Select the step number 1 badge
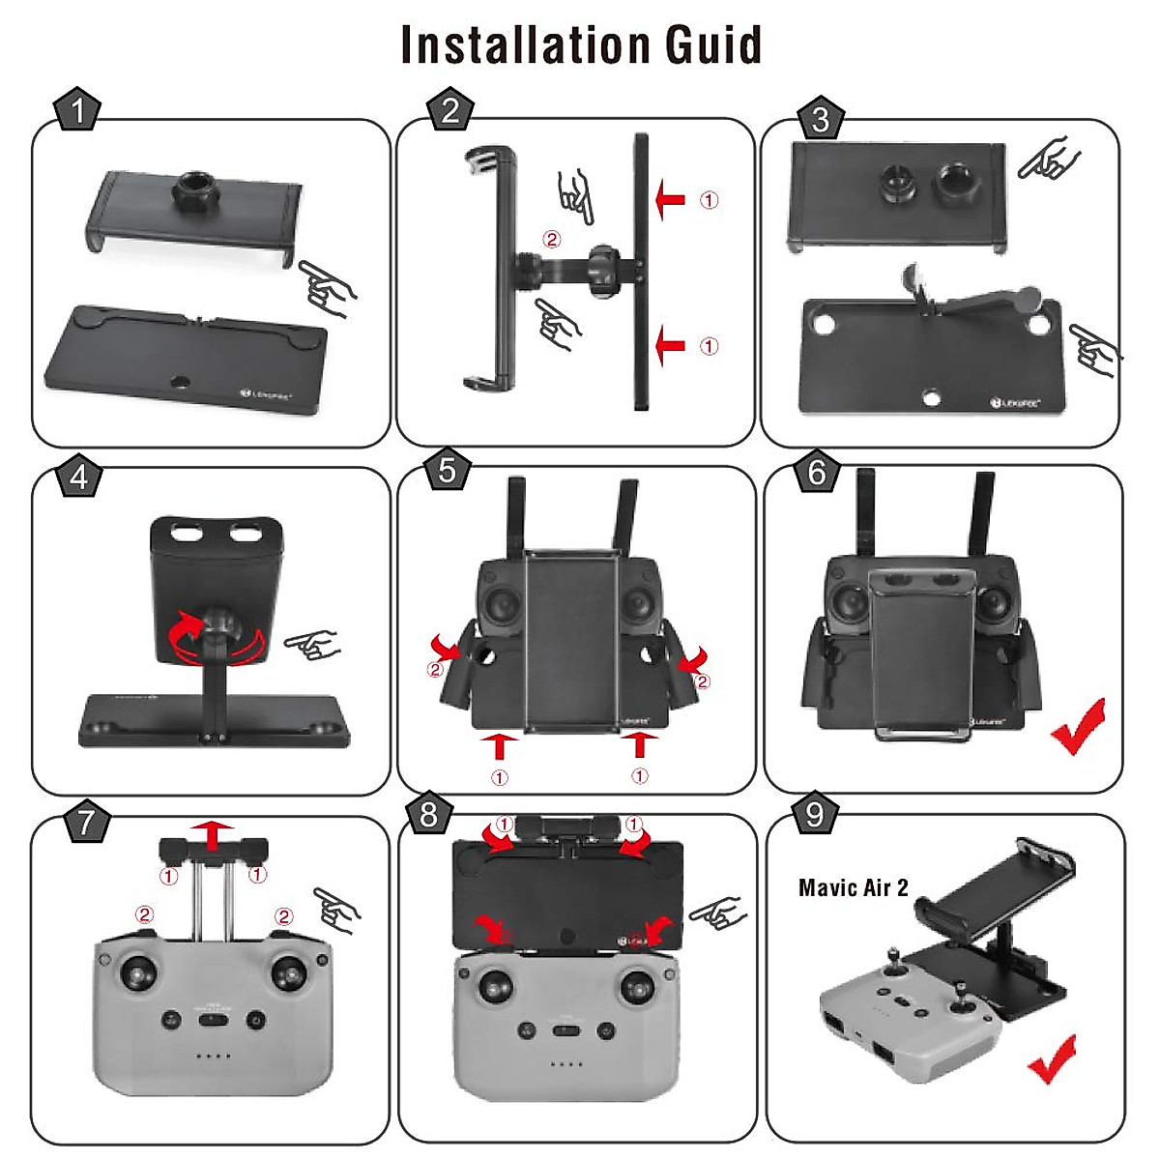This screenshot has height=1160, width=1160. [x=77, y=111]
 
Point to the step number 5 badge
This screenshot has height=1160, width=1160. [x=447, y=470]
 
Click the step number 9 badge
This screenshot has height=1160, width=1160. [x=814, y=814]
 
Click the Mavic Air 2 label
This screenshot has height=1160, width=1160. [x=853, y=887]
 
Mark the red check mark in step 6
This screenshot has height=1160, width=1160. [x=1077, y=727]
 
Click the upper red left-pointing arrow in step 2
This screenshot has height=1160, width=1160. [x=669, y=201]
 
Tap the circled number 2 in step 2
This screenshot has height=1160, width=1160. [x=551, y=239]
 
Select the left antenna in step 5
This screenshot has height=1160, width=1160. [x=515, y=512]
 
